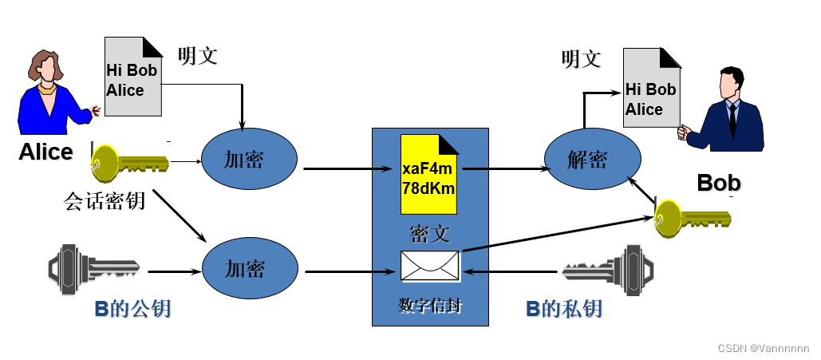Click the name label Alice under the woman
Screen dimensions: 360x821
click(x=45, y=152)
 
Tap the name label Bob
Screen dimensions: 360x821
click(x=718, y=182)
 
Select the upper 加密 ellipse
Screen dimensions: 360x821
click(x=248, y=159)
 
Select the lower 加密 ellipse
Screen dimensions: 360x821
click(x=248, y=268)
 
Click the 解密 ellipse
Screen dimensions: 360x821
click(x=591, y=159)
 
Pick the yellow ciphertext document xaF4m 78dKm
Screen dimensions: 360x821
click(x=430, y=174)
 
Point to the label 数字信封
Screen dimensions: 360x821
click(x=430, y=306)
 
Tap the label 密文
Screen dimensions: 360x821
click(x=430, y=233)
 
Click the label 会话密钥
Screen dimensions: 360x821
click(x=105, y=200)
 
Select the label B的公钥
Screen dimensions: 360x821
click(x=132, y=308)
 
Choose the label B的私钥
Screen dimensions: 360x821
click(x=563, y=308)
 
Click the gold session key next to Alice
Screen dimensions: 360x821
click(x=128, y=164)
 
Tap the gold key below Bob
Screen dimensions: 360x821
click(x=691, y=216)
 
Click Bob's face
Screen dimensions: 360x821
click(x=730, y=82)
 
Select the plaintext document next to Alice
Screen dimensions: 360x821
click(x=134, y=78)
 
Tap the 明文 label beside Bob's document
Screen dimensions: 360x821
click(x=581, y=59)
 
